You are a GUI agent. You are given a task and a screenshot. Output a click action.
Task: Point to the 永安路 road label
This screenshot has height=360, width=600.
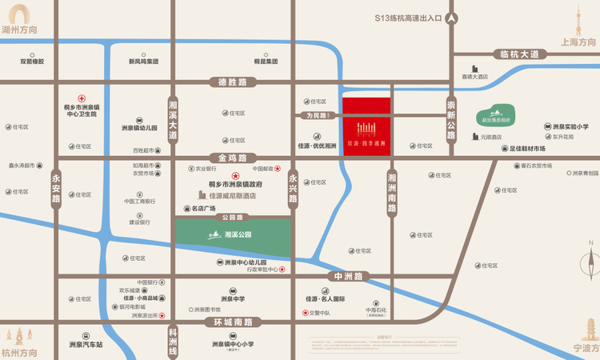(x=56, y=189)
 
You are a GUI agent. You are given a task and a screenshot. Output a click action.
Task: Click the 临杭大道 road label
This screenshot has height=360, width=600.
(x=520, y=54)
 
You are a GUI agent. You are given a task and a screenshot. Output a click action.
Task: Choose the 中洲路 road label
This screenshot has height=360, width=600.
(x=349, y=276)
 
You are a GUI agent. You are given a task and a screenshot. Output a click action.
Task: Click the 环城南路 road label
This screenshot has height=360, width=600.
(x=233, y=322)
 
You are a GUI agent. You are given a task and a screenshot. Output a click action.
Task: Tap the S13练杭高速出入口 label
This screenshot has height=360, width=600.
(x=408, y=18)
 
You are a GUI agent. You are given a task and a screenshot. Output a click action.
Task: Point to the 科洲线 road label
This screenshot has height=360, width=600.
(x=173, y=340)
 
